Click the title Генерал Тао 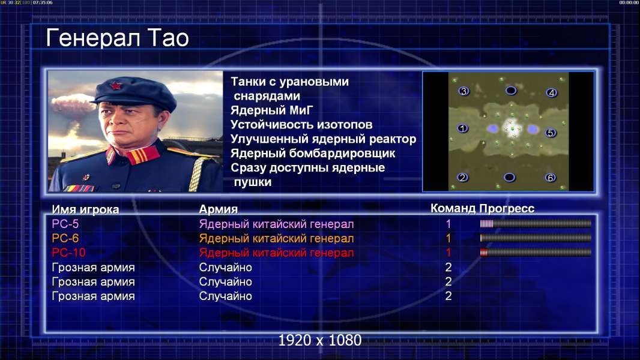tap(117, 38)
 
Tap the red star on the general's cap tap(115, 86)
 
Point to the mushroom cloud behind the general tap(73, 104)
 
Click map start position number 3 tap(463, 91)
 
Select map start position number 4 tap(551, 92)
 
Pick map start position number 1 tap(462, 128)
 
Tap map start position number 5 tap(550, 133)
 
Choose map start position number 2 tap(462, 178)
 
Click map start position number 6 tap(550, 178)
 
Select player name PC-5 tap(65, 224)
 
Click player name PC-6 tap(65, 238)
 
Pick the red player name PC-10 tap(68, 253)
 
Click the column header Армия tap(219, 209)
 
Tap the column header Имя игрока tap(85, 209)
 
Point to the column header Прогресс tap(507, 209)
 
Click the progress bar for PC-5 tap(536, 223)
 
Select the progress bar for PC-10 tap(536, 253)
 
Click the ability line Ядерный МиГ tap(272, 110)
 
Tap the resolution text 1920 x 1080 tap(320, 340)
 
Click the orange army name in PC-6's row tap(276, 239)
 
